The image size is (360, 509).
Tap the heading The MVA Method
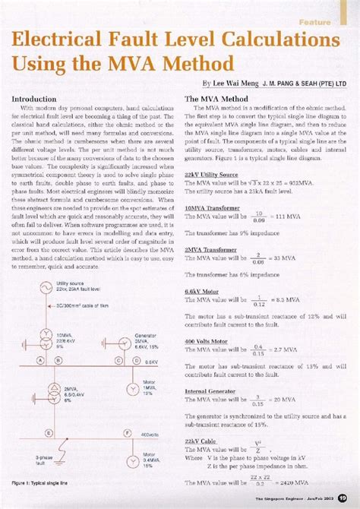[x=216, y=99]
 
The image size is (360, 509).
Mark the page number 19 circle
[x=343, y=498]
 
